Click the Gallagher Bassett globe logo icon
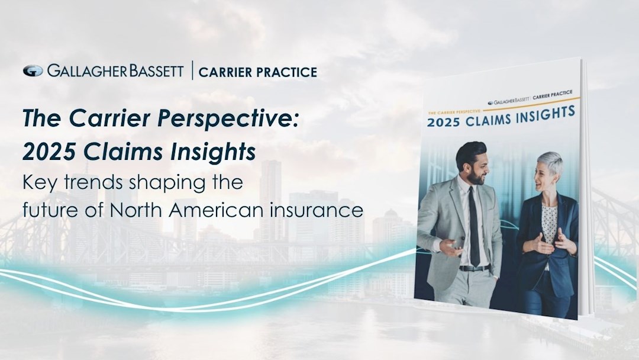[33, 71]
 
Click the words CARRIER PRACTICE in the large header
[257, 72]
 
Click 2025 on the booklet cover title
[443, 122]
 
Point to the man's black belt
[474, 268]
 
